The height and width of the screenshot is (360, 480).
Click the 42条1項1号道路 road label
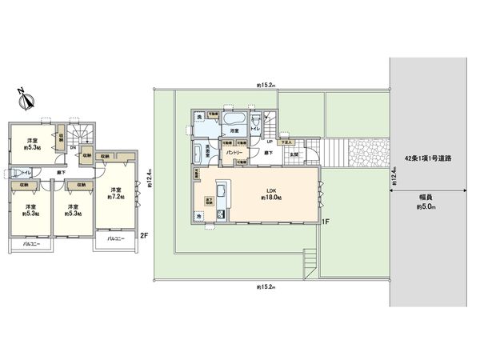(429, 159)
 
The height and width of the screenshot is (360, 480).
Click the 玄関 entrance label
(294, 154)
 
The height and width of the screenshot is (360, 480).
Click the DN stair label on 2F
(74, 146)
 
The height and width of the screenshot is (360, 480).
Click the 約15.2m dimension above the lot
(266, 84)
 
